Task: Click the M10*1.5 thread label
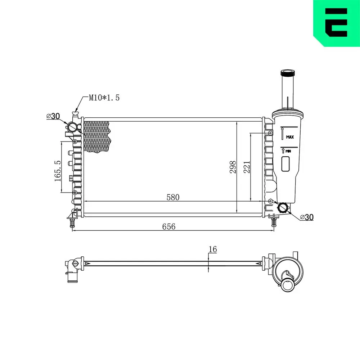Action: tap(104, 98)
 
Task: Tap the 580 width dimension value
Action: tap(173, 197)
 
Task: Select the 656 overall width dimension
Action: tap(168, 226)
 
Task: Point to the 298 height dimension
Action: tap(232, 167)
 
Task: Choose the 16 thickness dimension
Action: tap(212, 249)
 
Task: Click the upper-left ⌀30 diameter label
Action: tap(53, 116)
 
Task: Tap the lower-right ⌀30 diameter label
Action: tap(307, 217)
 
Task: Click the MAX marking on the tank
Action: tap(290, 137)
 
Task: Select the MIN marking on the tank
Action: tap(288, 151)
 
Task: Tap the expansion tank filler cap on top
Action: tap(287, 73)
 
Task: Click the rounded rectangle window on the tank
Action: tap(286, 164)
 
